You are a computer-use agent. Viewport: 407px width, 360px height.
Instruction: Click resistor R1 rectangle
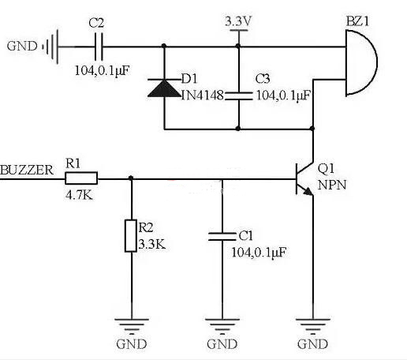(81, 178)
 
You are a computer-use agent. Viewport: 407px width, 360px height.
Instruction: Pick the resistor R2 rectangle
(130, 236)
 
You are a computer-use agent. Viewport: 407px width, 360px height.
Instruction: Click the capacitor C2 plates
(99, 47)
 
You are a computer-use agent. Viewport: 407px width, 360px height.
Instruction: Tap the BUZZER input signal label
(28, 170)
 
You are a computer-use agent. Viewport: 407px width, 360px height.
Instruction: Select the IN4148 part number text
(203, 96)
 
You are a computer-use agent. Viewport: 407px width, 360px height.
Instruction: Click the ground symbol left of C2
(49, 47)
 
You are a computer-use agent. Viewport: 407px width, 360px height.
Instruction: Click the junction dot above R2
(130, 178)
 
